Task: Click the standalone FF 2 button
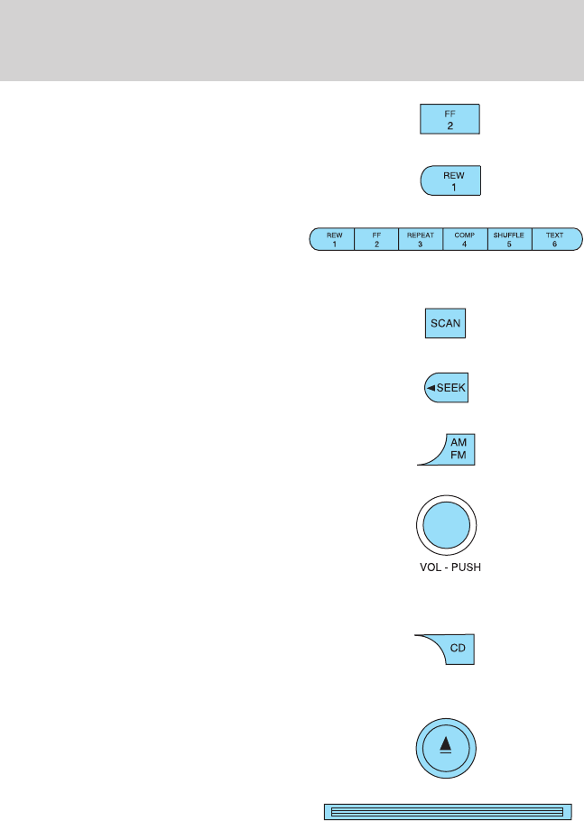click(450, 119)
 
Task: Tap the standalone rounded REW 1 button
click(450, 180)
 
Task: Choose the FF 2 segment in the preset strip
click(377, 239)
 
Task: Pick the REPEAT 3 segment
click(421, 239)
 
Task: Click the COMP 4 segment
click(465, 239)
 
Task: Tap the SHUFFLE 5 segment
click(509, 239)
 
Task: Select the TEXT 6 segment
click(554, 239)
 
